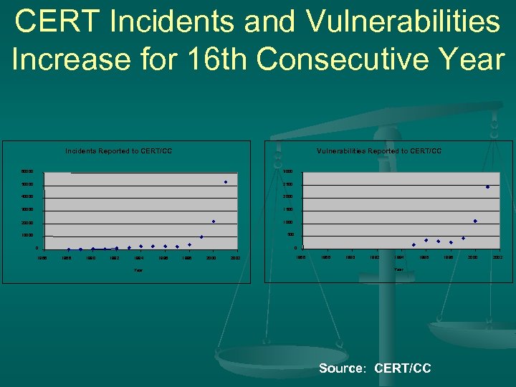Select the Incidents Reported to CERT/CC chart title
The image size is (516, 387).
click(x=118, y=151)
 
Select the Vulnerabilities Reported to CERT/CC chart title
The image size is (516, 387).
click(x=379, y=151)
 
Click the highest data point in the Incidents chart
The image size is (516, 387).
click(x=225, y=182)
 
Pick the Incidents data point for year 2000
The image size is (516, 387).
click(x=214, y=221)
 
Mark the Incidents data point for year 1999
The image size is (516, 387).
click(x=201, y=236)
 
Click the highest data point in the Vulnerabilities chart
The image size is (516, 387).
click(x=487, y=187)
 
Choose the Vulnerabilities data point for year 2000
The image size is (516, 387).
click(x=475, y=221)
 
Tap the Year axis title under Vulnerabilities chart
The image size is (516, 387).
click(x=399, y=269)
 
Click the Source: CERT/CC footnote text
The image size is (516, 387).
click(x=375, y=368)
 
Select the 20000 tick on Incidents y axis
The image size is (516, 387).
click(x=27, y=223)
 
